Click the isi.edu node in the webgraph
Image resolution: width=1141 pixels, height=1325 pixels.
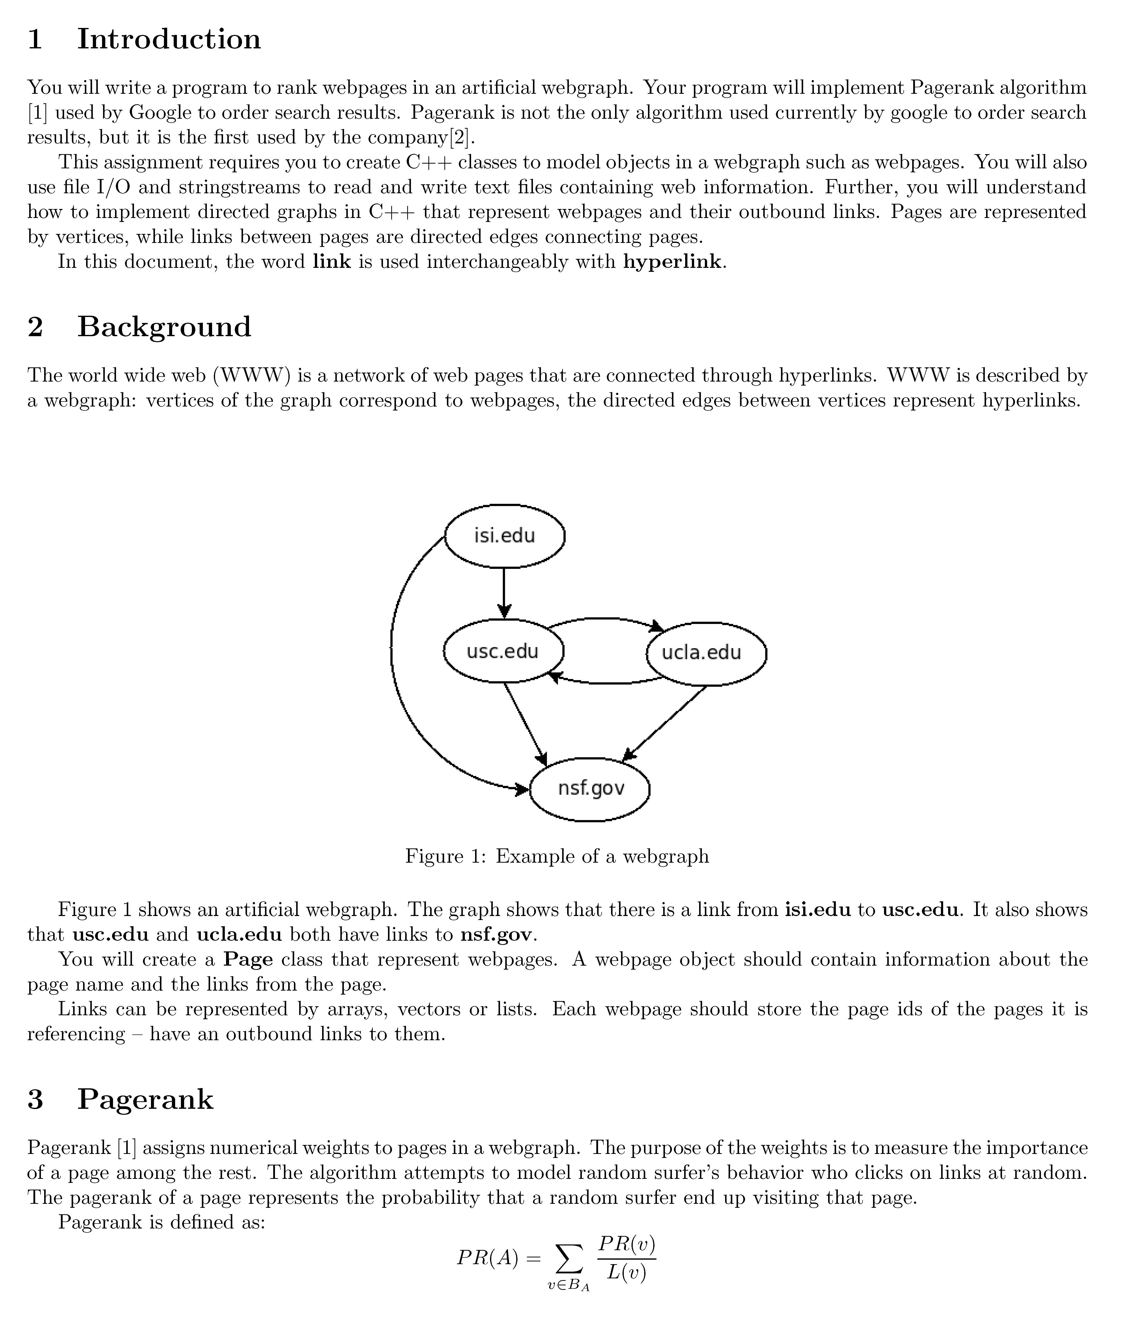[x=504, y=535]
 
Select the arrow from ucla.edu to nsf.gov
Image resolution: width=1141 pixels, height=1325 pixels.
[x=665, y=723]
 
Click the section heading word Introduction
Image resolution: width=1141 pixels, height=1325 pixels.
[x=169, y=39]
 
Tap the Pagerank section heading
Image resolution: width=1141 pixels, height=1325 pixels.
[x=145, y=1099]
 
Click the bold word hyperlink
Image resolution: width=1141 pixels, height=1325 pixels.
[x=672, y=262]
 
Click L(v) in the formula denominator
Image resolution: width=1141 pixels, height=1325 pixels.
[x=626, y=1274]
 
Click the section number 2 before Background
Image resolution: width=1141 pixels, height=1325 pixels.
[x=35, y=327]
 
